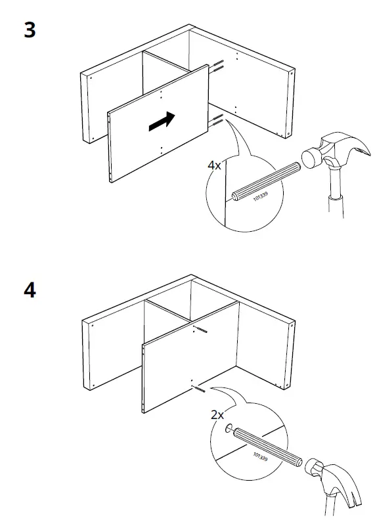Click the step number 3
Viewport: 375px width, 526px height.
[x=30, y=30]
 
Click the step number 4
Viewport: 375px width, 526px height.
[x=30, y=290]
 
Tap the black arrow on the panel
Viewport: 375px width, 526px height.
[x=162, y=121]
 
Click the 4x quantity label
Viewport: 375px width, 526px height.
[x=214, y=165]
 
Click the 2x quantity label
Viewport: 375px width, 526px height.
[x=217, y=415]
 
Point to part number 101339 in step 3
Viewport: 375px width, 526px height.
[x=260, y=196]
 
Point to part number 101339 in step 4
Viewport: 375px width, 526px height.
[x=260, y=456]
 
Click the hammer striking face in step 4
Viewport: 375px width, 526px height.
[x=312, y=467]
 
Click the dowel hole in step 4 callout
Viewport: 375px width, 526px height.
[x=229, y=428]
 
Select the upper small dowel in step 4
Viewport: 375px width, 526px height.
[x=200, y=330]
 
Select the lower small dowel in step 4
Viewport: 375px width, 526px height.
[x=198, y=389]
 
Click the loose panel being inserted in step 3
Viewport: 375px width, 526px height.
[x=158, y=123]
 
